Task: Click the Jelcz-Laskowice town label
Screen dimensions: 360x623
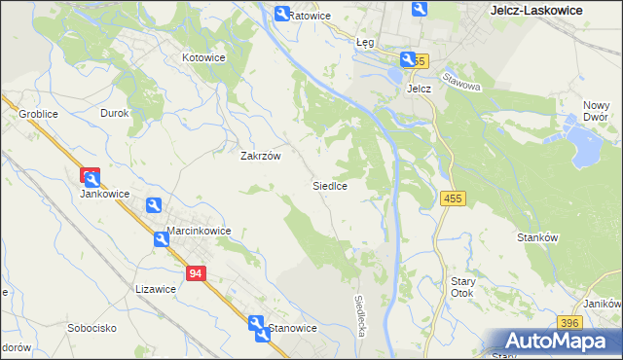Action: (534, 10)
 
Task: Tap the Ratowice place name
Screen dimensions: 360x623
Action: (311, 17)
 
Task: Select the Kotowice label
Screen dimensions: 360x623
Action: (204, 57)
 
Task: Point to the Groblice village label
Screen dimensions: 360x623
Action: (39, 114)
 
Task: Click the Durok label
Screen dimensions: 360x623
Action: (115, 113)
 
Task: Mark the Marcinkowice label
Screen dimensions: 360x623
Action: (199, 231)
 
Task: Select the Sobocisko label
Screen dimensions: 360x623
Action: (92, 328)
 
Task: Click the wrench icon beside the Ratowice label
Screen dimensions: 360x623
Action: (281, 14)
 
